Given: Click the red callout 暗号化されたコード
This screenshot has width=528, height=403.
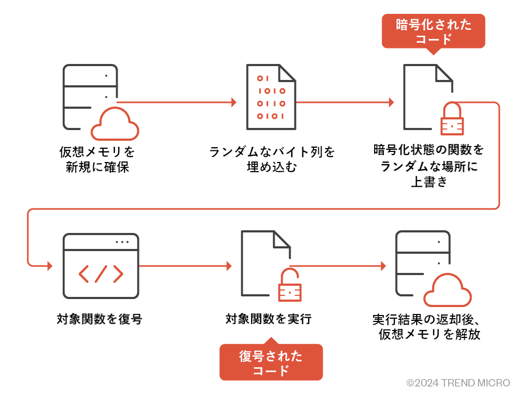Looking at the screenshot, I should pos(433,31).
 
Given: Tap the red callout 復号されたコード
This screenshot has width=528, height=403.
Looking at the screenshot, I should pos(271,362).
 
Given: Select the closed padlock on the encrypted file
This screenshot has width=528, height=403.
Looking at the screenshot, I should pos(452,119).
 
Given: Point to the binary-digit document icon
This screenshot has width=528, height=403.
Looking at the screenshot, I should pos(271,97).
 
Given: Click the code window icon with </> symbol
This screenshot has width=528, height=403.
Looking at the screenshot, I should pos(101,265).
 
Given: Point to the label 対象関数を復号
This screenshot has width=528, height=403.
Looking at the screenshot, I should pos(100,319).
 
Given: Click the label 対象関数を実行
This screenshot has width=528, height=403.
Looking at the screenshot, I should pos(268,319).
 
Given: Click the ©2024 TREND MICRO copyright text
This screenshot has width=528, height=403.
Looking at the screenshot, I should pos(458,383).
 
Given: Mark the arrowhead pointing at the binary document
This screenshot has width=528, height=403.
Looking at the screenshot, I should pos(234,102).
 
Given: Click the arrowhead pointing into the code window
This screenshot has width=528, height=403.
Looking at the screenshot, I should pos(51,265).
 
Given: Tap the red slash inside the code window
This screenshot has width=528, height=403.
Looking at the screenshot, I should pos(101,274).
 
